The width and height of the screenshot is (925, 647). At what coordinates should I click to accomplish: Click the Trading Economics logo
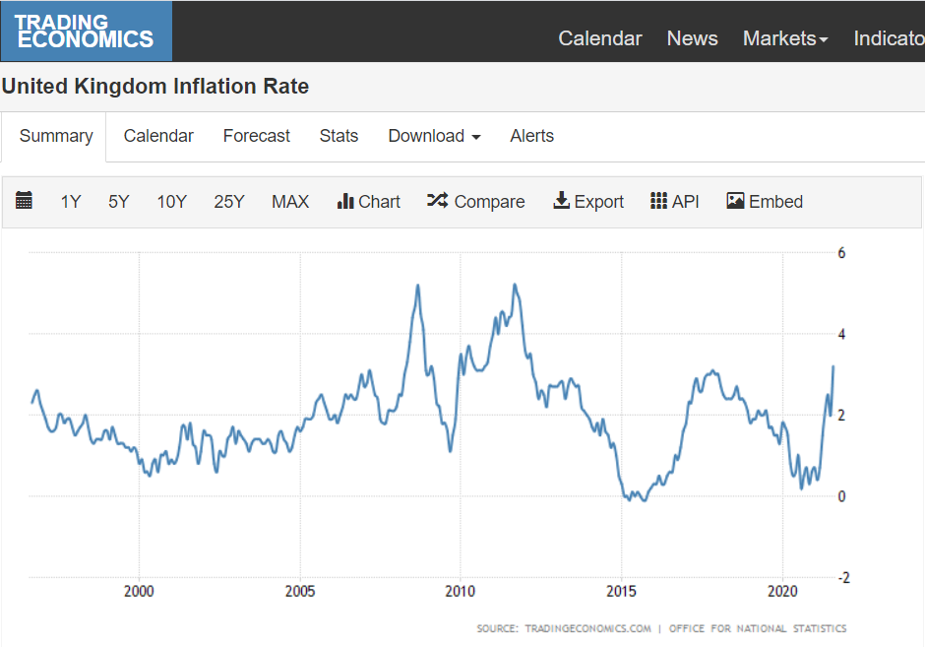tap(87, 32)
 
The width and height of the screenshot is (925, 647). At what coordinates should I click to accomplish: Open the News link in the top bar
tap(692, 38)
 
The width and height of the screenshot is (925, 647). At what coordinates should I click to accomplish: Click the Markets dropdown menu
tap(785, 38)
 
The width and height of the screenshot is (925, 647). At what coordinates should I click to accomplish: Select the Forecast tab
tap(257, 136)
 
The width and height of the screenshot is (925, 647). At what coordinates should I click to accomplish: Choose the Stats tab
tap(339, 136)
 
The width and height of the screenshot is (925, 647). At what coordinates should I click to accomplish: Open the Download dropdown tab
tap(434, 136)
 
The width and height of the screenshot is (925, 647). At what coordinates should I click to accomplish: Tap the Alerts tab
tap(532, 136)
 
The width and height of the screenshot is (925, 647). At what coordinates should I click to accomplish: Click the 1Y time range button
tap(71, 202)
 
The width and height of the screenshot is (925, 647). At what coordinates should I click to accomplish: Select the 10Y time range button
tap(171, 202)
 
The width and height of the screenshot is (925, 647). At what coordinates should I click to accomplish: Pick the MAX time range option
tap(290, 202)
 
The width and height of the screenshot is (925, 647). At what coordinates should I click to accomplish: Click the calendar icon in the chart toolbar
tap(24, 200)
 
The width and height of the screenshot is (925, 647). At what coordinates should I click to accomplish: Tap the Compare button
tap(475, 201)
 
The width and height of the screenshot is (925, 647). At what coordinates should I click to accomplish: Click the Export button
tap(588, 201)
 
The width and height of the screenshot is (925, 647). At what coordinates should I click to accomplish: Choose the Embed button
tap(765, 201)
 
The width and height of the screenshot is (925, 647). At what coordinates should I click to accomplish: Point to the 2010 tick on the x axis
tap(461, 591)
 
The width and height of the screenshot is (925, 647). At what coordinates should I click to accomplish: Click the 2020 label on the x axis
tap(782, 591)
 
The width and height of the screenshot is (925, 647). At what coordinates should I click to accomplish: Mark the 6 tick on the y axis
tap(841, 253)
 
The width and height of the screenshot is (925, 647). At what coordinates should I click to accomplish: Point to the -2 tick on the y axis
tap(844, 578)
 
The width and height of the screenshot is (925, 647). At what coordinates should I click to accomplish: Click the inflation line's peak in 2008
tap(417, 286)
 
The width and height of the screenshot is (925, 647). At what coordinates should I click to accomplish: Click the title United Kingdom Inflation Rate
tap(155, 87)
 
